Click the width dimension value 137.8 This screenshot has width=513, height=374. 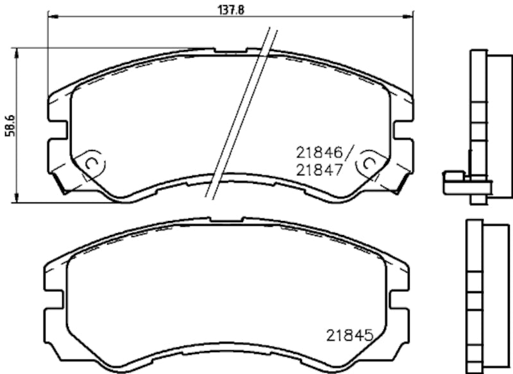229,8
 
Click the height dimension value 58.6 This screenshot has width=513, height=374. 8,125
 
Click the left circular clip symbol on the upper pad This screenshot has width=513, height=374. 91,163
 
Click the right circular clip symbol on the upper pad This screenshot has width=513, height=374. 369,163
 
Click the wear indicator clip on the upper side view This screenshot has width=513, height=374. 455,179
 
